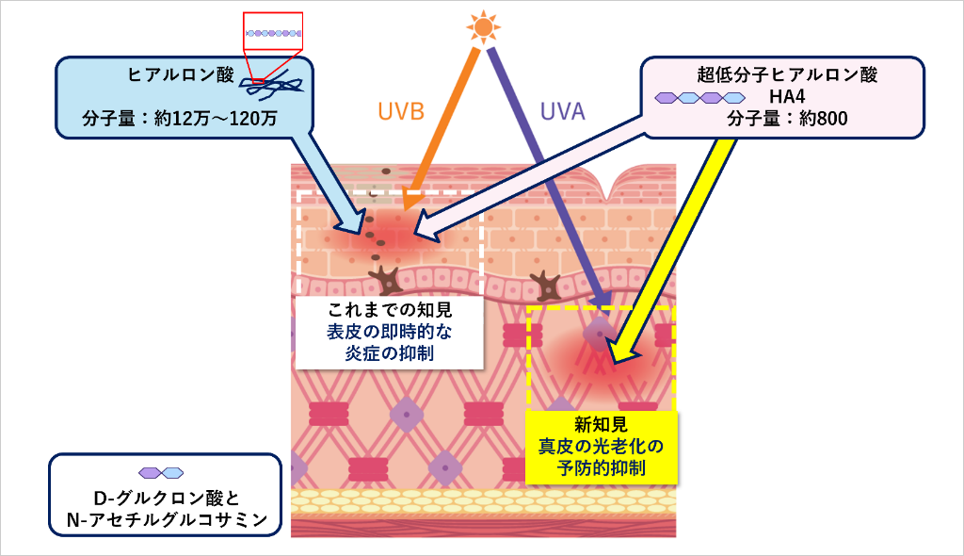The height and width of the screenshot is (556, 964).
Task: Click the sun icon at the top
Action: (483, 27)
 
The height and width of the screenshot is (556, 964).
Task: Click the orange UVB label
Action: (401, 112)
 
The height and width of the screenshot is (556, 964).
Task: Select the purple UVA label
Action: (563, 112)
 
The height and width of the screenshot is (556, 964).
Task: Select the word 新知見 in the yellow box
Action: (600, 424)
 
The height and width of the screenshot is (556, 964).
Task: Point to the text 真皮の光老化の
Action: (600, 446)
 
